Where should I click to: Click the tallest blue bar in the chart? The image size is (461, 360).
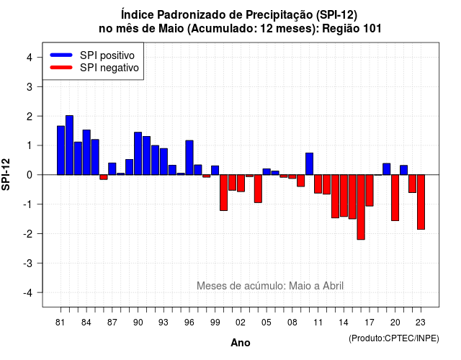pyautogui.click(x=69, y=145)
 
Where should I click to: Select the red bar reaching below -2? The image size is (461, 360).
pyautogui.click(x=361, y=207)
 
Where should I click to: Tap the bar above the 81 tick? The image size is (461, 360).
pyautogui.click(x=61, y=150)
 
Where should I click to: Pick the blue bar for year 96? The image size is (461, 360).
pyautogui.click(x=189, y=158)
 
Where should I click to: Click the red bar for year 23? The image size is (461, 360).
pyautogui.click(x=421, y=202)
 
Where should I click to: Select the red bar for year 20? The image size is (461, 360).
pyautogui.click(x=395, y=198)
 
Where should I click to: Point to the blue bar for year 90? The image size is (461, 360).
pyautogui.click(x=138, y=153)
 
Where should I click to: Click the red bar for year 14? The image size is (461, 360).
pyautogui.click(x=344, y=196)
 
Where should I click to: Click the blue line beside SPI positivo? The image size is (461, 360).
pyautogui.click(x=61, y=55)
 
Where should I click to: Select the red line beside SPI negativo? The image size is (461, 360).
pyautogui.click(x=61, y=68)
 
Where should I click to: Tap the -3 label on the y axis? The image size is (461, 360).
pyautogui.click(x=28, y=264)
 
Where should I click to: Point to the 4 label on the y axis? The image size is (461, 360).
pyautogui.click(x=30, y=58)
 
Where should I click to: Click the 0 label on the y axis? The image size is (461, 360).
pyautogui.click(x=30, y=175)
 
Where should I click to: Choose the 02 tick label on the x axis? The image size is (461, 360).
pyautogui.click(x=240, y=323)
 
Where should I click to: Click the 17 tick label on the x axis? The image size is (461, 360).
pyautogui.click(x=370, y=323)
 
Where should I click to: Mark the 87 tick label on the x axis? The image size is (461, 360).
pyautogui.click(x=112, y=323)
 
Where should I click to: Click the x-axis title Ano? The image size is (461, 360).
pyautogui.click(x=241, y=343)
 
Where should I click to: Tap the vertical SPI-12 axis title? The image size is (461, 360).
pyautogui.click(x=6, y=174)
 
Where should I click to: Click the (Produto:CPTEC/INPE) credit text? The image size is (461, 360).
pyautogui.click(x=394, y=338)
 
